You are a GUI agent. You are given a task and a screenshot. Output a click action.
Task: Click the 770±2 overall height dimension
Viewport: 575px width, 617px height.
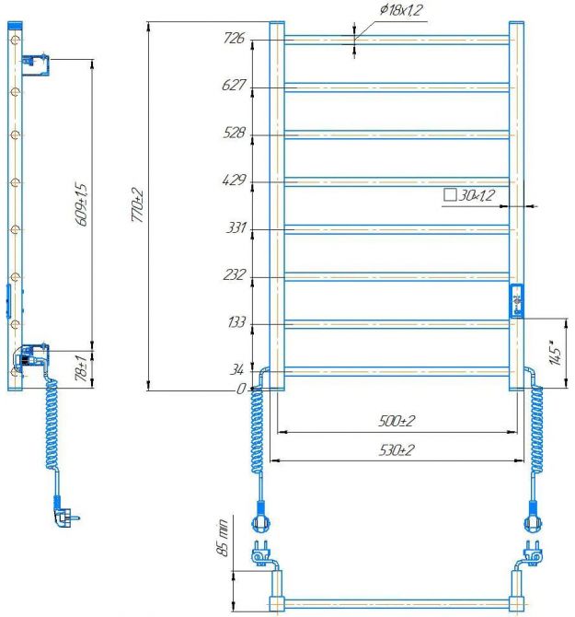(138, 205)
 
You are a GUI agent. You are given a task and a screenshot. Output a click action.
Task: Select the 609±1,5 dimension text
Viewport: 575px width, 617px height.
(81, 204)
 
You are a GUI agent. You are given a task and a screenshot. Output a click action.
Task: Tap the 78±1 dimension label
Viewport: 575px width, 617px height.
(81, 368)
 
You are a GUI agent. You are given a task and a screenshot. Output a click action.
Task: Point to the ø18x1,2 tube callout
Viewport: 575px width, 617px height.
(401, 9)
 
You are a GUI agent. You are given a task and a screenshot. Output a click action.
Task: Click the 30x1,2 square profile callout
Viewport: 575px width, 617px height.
(468, 195)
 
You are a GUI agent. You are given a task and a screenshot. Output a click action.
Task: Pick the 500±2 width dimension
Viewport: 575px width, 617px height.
(397, 421)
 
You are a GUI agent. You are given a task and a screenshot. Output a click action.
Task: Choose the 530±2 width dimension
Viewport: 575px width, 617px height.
(397, 449)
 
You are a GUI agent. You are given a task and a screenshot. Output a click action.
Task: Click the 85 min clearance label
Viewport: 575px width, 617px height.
(223, 537)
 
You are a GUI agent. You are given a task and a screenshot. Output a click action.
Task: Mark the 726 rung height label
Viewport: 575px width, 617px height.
(234, 38)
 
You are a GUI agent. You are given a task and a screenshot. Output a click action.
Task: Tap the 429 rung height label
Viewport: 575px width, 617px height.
(234, 180)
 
